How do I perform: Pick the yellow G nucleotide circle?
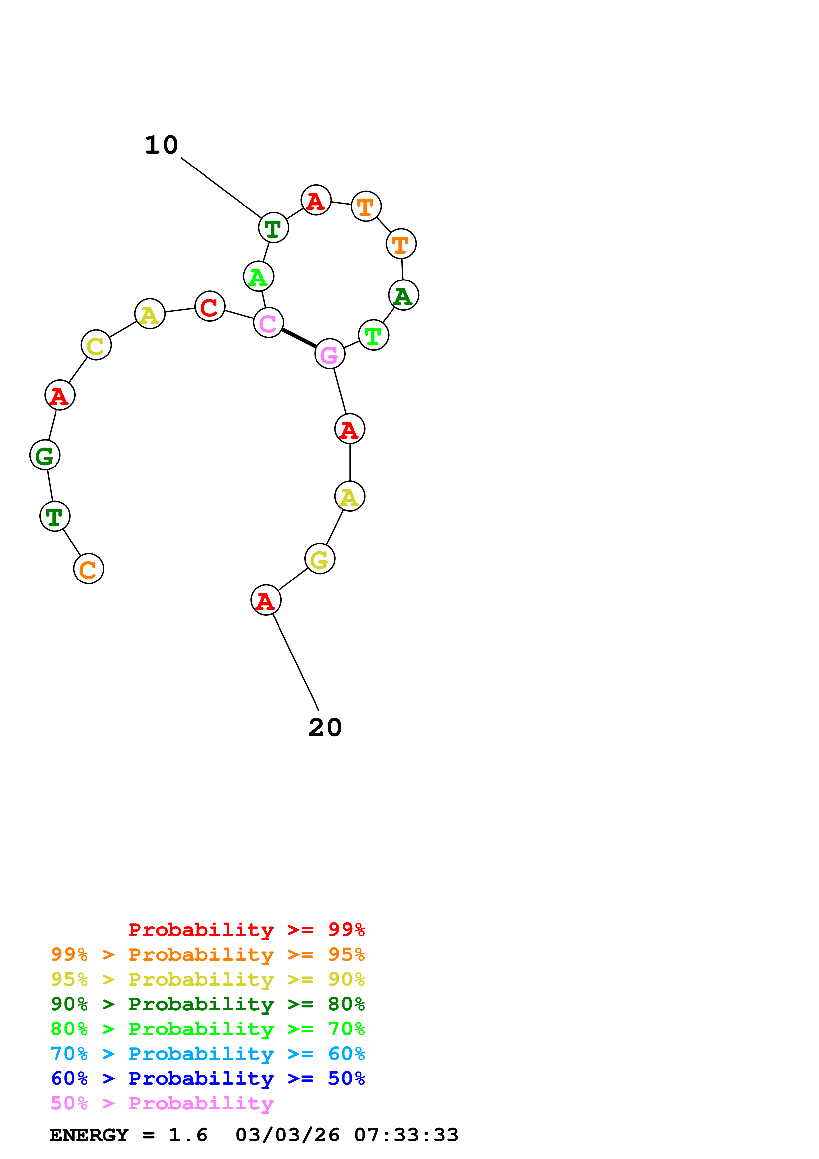click(x=319, y=559)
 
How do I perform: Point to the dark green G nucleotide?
click(x=45, y=455)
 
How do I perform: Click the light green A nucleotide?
click(x=258, y=277)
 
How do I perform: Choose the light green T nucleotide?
click(x=373, y=335)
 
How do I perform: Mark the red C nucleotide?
click(x=209, y=306)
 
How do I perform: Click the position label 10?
click(x=162, y=145)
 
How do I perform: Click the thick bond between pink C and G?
click(x=299, y=338)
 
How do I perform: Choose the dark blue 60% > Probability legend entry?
click(x=207, y=1078)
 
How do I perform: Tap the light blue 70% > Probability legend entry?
click(x=207, y=1054)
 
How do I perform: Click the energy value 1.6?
click(x=188, y=1135)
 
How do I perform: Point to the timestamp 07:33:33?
click(x=406, y=1135)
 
